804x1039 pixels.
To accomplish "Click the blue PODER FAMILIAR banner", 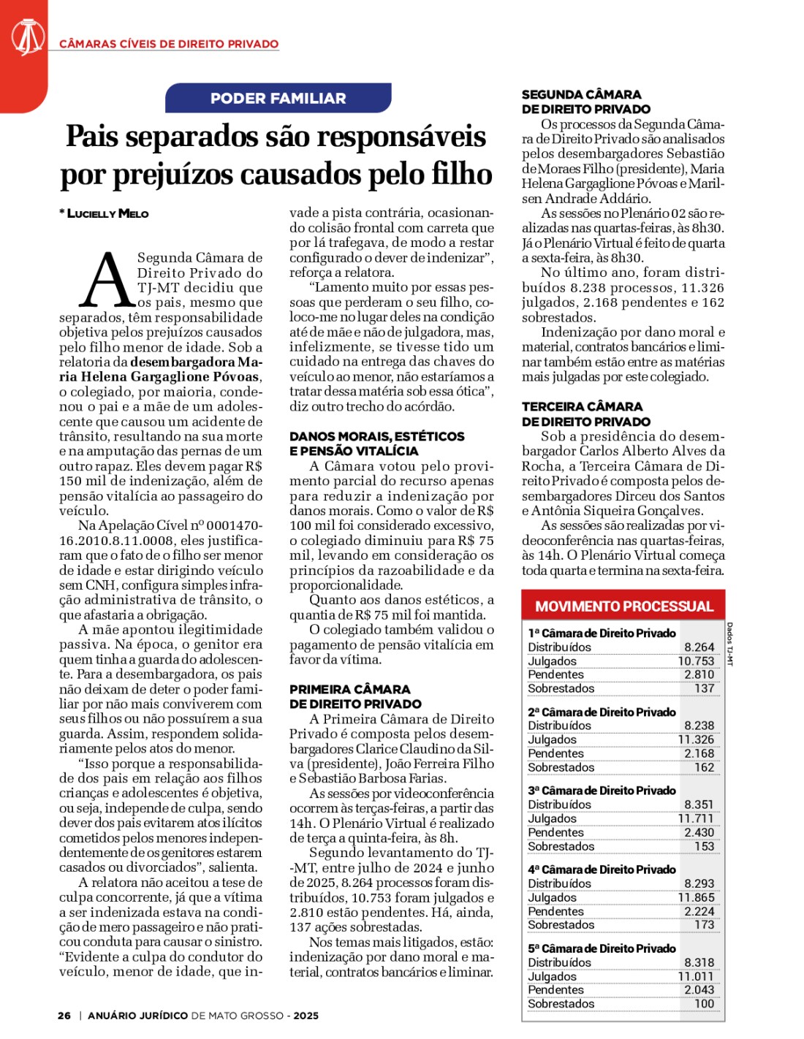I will [278, 99].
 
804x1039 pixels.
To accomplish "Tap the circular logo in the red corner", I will [27, 37].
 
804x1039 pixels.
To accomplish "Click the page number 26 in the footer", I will [64, 1016].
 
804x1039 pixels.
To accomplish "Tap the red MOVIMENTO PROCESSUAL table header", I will [623, 606].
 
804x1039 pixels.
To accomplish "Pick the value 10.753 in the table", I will [696, 661].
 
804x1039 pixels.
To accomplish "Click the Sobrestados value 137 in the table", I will [704, 688].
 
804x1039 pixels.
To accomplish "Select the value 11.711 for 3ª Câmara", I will [696, 819].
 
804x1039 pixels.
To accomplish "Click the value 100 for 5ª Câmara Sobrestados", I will [704, 1004].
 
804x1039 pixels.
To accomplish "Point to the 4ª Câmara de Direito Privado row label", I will [602, 869].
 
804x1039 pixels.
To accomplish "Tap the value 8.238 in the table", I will [699, 726].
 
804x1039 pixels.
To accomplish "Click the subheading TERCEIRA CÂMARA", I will [582, 407].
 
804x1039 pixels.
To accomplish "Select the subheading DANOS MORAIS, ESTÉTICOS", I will [376, 437].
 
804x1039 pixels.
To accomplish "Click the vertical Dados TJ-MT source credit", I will [729, 644].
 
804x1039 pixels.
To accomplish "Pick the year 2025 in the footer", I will [306, 1016].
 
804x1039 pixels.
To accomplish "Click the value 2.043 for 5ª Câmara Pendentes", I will [699, 990].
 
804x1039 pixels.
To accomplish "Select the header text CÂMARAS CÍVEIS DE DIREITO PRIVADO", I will [169, 44].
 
